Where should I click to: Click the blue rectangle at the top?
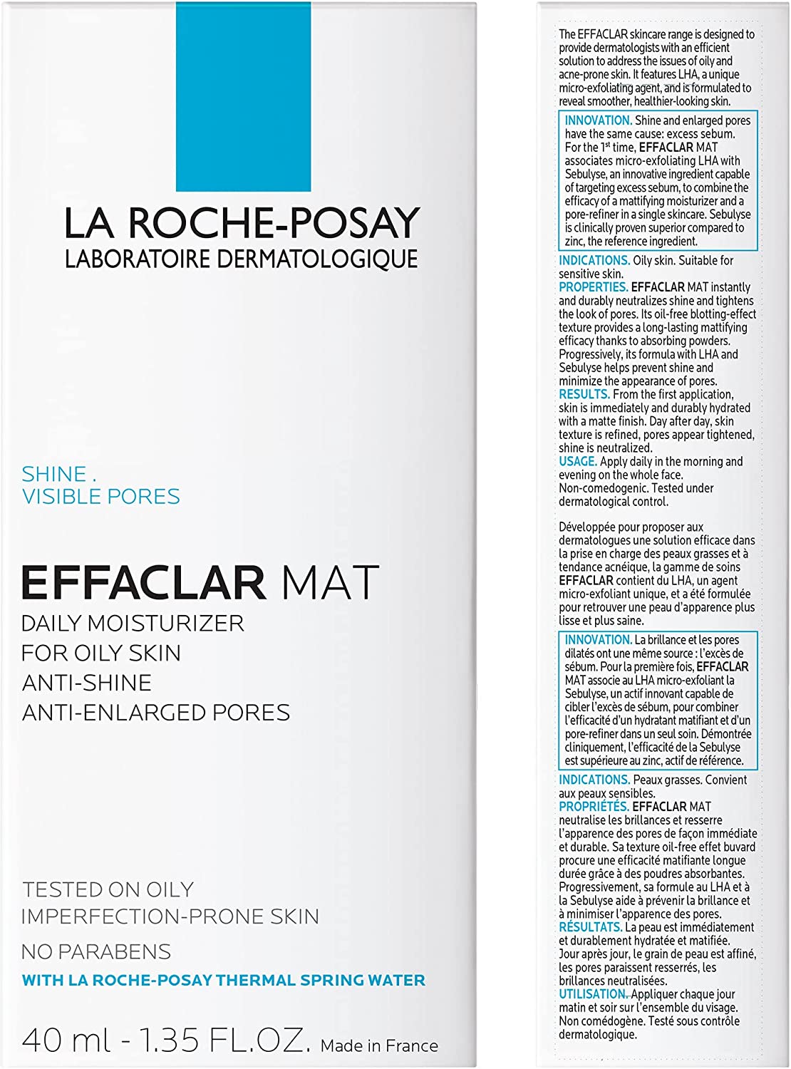(243, 96)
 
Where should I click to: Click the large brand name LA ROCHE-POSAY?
(242, 223)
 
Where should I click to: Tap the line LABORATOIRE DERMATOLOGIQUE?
(242, 259)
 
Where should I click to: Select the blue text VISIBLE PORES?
(101, 497)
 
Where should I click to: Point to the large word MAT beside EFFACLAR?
(330, 583)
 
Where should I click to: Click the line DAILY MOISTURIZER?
(133, 624)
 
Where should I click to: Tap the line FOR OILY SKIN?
(101, 654)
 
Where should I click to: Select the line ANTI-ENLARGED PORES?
(156, 713)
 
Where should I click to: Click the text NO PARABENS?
(96, 952)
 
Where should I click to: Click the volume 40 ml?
(66, 1041)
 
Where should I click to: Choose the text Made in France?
(379, 1046)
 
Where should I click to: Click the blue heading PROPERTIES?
(593, 287)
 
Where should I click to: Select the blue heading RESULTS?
(584, 394)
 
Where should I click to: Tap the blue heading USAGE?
(577, 462)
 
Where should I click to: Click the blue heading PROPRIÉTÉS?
(594, 807)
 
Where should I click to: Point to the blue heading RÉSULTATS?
(590, 927)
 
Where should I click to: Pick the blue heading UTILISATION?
(593, 994)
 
